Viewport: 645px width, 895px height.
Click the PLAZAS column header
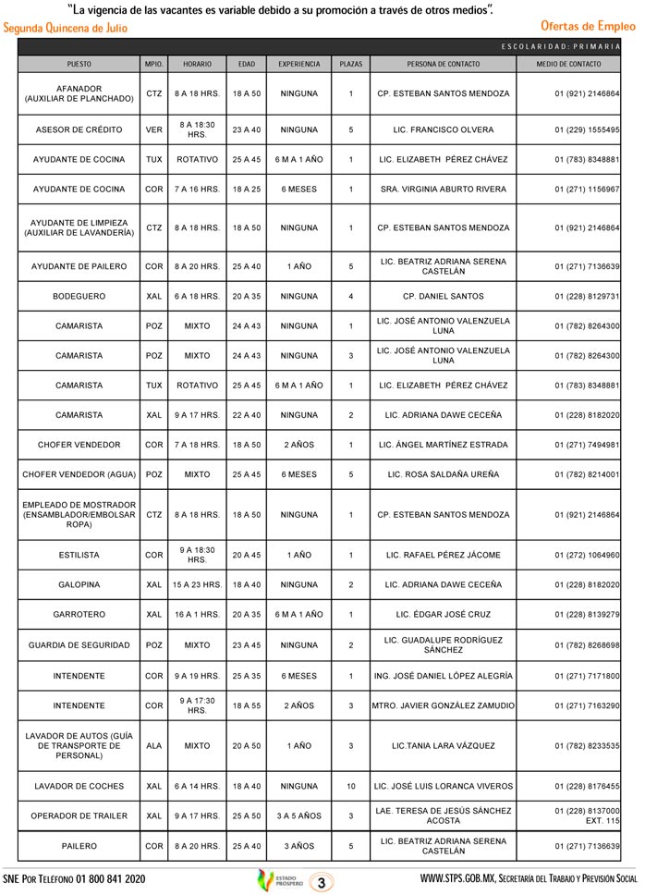tap(351, 65)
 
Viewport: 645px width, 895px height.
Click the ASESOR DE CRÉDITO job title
tap(79, 130)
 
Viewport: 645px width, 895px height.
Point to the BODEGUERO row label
tap(79, 297)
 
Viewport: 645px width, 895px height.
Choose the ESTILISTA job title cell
tap(79, 556)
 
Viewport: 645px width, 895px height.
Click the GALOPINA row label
tap(79, 585)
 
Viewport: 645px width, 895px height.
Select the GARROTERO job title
tap(79, 615)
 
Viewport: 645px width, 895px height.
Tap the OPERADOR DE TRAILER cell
tap(79, 815)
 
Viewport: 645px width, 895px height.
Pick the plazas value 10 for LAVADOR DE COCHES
tap(351, 787)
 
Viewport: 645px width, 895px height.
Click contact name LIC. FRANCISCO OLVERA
tap(443, 130)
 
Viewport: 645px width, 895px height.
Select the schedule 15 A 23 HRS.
tap(197, 585)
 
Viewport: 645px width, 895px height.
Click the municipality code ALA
tap(154, 745)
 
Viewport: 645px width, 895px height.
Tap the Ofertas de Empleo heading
tap(588, 27)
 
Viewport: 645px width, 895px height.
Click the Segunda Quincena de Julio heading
tap(66, 28)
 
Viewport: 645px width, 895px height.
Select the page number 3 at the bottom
tap(321, 879)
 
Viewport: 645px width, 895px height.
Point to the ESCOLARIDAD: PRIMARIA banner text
tap(567, 46)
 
